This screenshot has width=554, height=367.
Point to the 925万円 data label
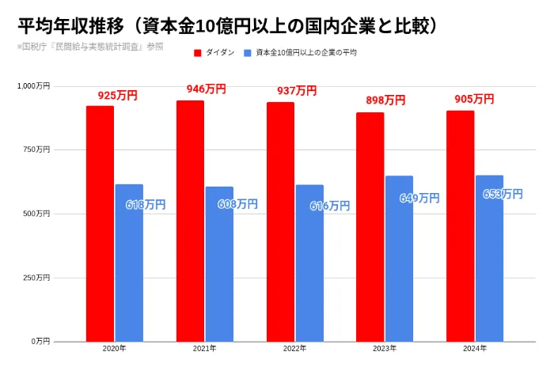[x=117, y=96]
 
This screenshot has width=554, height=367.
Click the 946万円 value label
[x=206, y=89]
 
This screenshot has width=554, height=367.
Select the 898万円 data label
[x=385, y=100]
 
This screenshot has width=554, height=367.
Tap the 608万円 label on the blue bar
[x=237, y=204]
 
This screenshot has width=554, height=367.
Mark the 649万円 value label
[x=419, y=199]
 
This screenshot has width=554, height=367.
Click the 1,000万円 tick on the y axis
[x=33, y=85]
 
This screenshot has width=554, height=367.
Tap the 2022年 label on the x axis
[x=294, y=349]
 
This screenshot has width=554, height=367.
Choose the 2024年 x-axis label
[x=475, y=349]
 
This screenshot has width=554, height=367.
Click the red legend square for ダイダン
[x=198, y=53]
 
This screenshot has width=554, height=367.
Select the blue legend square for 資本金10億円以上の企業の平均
[x=248, y=53]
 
